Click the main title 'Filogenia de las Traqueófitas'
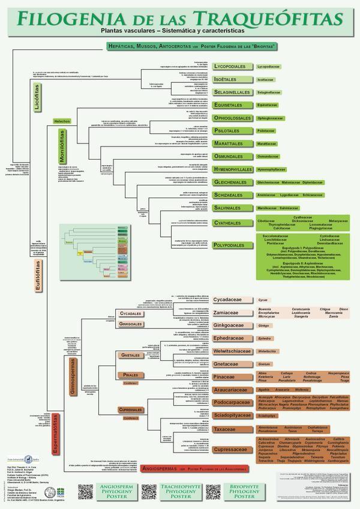click(180, 17)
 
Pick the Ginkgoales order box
click(130, 324)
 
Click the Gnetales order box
click(130, 355)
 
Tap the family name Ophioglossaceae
click(274, 118)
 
